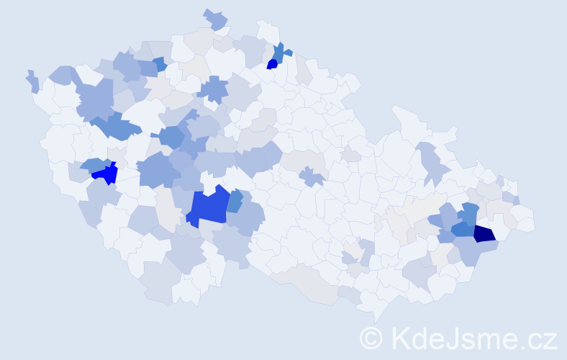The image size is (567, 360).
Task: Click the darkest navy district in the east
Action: click(484, 233)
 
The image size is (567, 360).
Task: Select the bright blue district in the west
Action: click(106, 174)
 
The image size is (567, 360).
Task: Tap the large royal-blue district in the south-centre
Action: click(209, 206)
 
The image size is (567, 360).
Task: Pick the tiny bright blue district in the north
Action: click(272, 64)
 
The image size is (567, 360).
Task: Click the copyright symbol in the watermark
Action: click(371, 338)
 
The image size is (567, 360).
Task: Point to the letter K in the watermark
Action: click(398, 338)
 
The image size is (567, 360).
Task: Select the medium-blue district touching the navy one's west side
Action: click(463, 230)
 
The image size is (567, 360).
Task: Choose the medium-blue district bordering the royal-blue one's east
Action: click(235, 202)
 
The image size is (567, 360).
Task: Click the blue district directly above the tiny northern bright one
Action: click(278, 53)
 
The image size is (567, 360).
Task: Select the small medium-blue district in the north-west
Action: click(160, 63)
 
